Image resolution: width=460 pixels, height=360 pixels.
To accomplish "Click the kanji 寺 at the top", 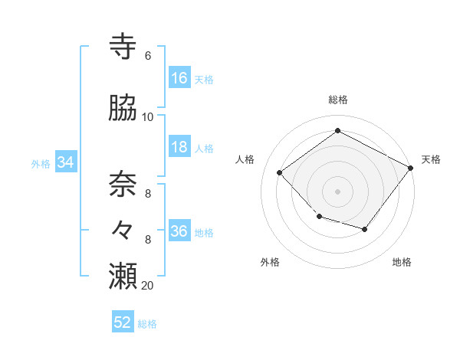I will [123, 47].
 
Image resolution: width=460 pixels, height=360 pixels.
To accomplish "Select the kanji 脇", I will [123, 109].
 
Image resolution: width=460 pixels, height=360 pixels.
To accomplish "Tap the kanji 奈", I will [123, 185].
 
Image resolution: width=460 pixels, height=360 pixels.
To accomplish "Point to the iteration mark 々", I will [123, 229].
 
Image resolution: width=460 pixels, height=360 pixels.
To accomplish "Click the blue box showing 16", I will [179, 78].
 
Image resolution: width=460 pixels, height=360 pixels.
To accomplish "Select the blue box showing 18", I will [179, 148].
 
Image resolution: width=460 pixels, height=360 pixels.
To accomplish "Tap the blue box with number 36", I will [179, 232].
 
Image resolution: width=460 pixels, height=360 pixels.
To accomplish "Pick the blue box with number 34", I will [66, 162].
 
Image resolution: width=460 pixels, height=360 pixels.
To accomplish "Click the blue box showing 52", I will [123, 322].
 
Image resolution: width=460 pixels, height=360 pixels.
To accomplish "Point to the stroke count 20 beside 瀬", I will [148, 286].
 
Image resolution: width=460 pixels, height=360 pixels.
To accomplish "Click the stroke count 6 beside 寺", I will [147, 56].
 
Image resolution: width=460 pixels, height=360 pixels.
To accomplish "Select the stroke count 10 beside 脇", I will [148, 117].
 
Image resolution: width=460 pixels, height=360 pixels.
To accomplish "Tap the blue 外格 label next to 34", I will [41, 163].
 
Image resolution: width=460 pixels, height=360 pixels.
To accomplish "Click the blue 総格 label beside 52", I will [147, 324].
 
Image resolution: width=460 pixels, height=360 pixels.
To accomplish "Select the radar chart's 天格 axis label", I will [431, 159].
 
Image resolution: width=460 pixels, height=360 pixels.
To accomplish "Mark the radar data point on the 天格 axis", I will [411, 169].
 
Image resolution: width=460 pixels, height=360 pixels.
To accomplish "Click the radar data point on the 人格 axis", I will [280, 173].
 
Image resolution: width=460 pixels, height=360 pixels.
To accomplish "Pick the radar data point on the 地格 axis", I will [365, 229].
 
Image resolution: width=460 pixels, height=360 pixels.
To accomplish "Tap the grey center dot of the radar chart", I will [337, 191].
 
